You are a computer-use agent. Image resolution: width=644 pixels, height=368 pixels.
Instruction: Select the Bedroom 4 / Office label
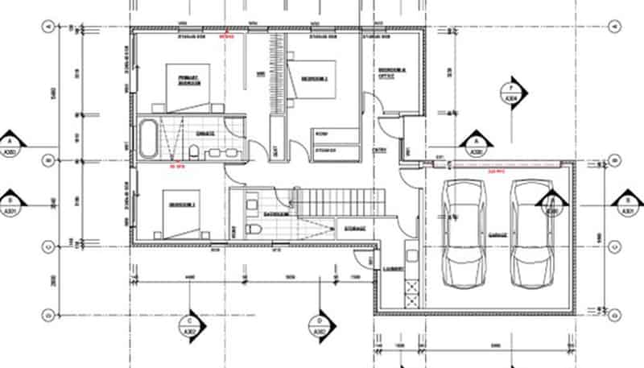click(391, 75)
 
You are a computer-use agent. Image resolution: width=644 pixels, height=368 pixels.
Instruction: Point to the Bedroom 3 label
click(180, 206)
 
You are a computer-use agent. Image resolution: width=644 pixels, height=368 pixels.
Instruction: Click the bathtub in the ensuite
click(148, 139)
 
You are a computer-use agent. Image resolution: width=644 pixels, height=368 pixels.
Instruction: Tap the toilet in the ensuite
click(196, 151)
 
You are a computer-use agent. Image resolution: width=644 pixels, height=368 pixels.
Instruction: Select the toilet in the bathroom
click(255, 229)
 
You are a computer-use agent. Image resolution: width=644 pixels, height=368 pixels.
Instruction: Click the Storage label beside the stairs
click(355, 229)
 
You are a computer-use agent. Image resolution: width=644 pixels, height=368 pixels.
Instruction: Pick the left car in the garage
click(465, 234)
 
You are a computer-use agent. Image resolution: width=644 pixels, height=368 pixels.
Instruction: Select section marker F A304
click(511, 90)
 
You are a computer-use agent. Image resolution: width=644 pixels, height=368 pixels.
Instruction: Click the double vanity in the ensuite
click(218, 151)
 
